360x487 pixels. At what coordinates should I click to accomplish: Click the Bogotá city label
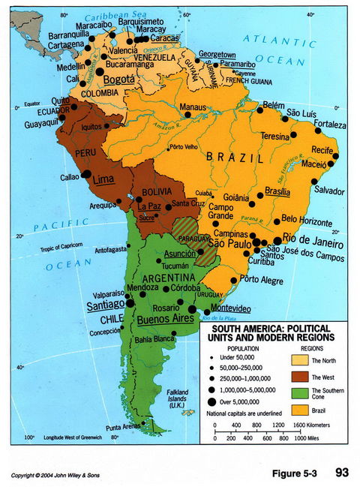coord(119,79)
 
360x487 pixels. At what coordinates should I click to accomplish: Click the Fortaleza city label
coord(330,124)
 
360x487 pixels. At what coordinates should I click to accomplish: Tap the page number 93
coord(343,472)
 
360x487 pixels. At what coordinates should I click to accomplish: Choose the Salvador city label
coord(329,191)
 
